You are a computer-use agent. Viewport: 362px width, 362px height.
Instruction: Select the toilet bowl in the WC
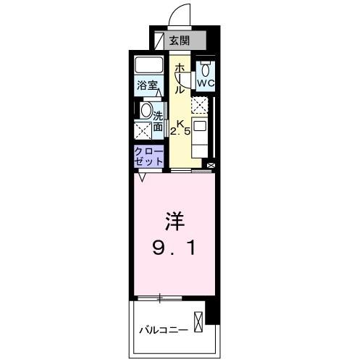pos(206,70)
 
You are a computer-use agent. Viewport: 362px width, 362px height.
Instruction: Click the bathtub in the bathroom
pos(149,66)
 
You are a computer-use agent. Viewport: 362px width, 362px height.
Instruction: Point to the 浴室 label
pos(148,86)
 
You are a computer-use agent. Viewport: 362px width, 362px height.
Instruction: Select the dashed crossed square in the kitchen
pos(201,106)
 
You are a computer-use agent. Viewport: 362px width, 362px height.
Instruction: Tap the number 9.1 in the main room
pos(174,248)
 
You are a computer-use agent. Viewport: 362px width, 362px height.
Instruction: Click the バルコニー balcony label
pos(164,330)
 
